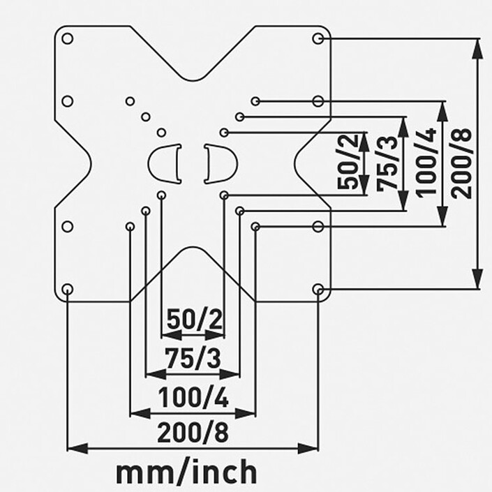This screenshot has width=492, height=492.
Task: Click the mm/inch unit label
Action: [186, 472]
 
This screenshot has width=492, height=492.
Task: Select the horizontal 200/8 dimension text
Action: [193, 433]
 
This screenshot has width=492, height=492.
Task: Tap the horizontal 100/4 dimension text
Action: [193, 398]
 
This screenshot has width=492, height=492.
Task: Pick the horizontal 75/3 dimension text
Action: [193, 359]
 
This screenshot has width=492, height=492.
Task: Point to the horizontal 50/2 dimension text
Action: [193, 322]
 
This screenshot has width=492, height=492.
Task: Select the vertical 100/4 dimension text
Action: [427, 163]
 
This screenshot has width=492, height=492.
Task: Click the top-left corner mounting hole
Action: [68, 38]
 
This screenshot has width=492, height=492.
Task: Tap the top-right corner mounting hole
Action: [318, 38]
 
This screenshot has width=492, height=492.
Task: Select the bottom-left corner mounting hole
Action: [68, 289]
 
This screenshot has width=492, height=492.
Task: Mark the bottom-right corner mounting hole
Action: [318, 289]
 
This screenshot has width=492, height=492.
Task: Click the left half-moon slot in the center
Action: [165, 164]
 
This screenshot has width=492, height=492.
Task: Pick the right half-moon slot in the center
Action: [220, 164]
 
